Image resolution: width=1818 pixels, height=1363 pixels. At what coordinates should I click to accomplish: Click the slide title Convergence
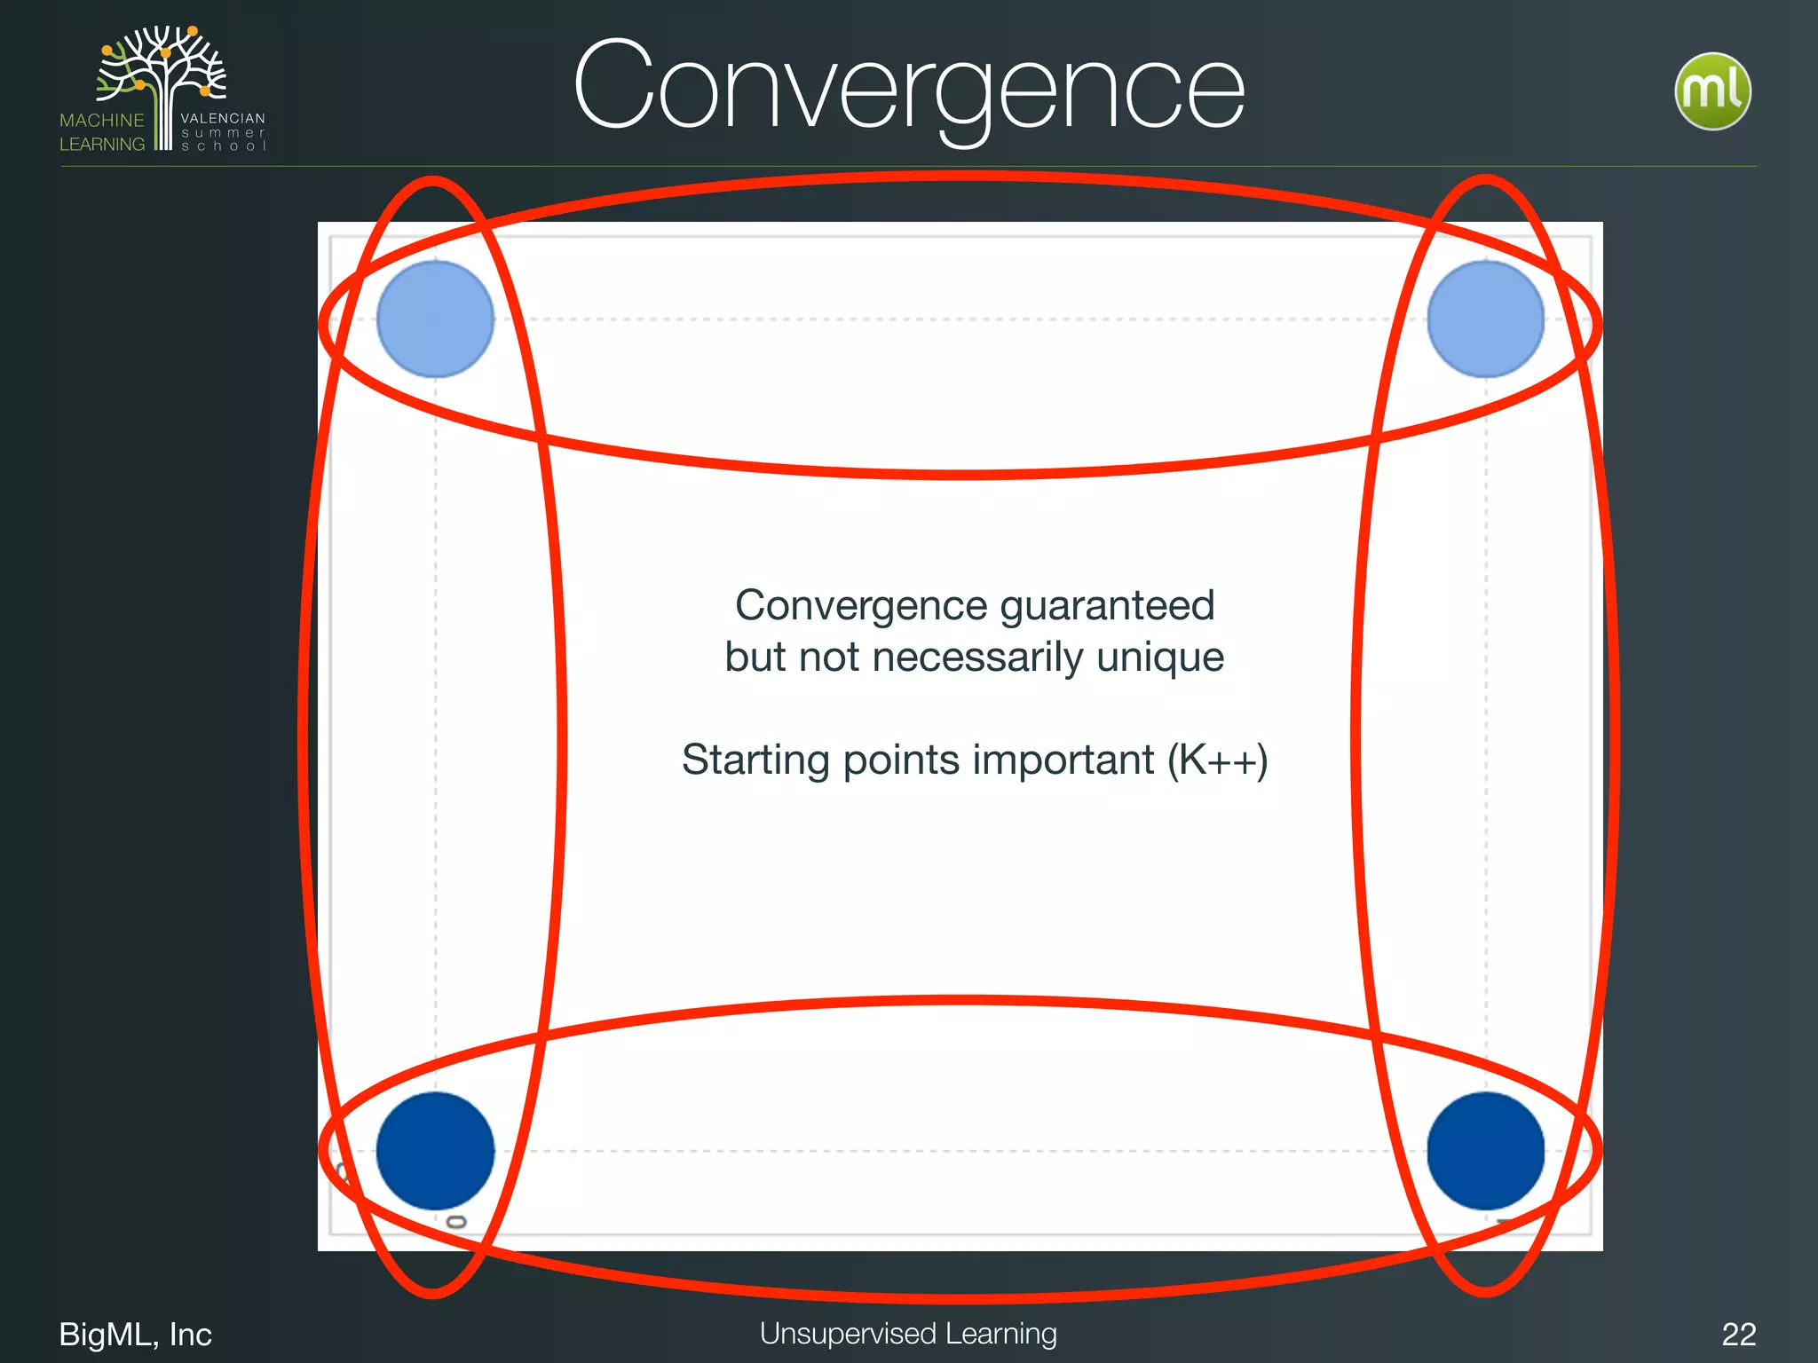[909, 89]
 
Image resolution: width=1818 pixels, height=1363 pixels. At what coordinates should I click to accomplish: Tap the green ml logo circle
[1712, 91]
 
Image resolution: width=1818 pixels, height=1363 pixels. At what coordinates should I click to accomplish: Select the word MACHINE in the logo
[102, 121]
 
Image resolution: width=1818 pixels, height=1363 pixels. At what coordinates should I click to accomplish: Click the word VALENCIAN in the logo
[223, 118]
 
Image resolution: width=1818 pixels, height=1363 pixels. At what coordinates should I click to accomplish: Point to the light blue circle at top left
[435, 319]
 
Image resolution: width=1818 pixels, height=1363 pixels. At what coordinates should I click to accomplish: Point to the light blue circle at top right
[1485, 319]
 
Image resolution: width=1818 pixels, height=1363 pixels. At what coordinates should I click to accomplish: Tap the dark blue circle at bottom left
[435, 1150]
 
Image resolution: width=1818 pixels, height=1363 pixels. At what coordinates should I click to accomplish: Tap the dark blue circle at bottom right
[1485, 1150]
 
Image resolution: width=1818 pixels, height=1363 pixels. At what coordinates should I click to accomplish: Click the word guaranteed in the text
[1107, 607]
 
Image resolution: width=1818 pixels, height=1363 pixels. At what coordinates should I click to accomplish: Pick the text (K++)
[1217, 760]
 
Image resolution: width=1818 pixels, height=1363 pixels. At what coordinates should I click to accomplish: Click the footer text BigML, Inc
[135, 1335]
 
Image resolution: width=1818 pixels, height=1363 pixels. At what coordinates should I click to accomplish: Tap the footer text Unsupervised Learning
[908, 1334]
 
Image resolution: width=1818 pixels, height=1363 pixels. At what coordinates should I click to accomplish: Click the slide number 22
[1738, 1335]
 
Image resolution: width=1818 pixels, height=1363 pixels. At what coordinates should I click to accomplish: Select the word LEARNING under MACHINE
[102, 145]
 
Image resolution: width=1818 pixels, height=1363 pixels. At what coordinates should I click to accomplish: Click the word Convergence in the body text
[861, 607]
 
